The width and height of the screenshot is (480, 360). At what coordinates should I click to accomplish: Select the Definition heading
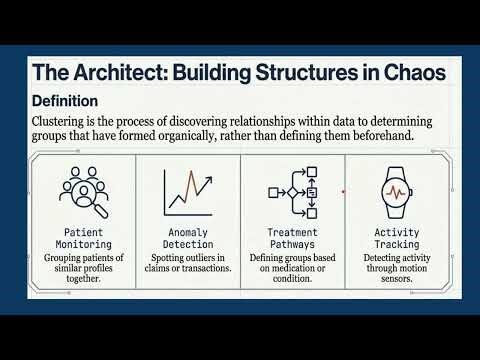click(65, 101)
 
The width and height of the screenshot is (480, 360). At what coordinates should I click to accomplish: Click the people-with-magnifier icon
click(83, 191)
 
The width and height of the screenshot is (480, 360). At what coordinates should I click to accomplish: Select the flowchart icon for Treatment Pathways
click(293, 191)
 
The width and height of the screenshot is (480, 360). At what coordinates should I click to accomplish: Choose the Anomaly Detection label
click(188, 237)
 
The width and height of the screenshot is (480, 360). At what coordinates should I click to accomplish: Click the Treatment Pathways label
click(293, 237)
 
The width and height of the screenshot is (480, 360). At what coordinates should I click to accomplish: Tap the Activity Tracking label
click(397, 237)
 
